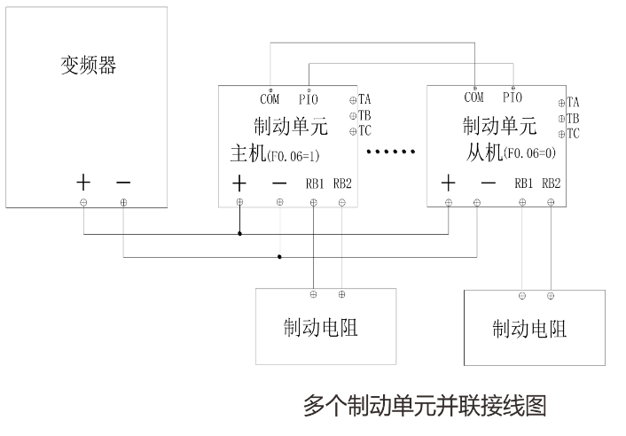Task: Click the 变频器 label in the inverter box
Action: [88, 66]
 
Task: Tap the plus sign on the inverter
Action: [83, 183]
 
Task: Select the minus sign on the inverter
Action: [123, 183]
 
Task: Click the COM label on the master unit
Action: [270, 98]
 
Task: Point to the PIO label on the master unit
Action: [309, 98]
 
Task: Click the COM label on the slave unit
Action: [473, 97]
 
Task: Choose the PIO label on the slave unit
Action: [513, 97]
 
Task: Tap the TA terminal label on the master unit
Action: [365, 100]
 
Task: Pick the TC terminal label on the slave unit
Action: [573, 134]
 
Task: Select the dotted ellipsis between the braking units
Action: [391, 152]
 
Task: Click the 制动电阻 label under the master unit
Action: [321, 327]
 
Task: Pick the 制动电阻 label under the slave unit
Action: [529, 329]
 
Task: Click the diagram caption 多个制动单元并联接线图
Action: [425, 405]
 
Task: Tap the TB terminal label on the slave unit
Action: [573, 118]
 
